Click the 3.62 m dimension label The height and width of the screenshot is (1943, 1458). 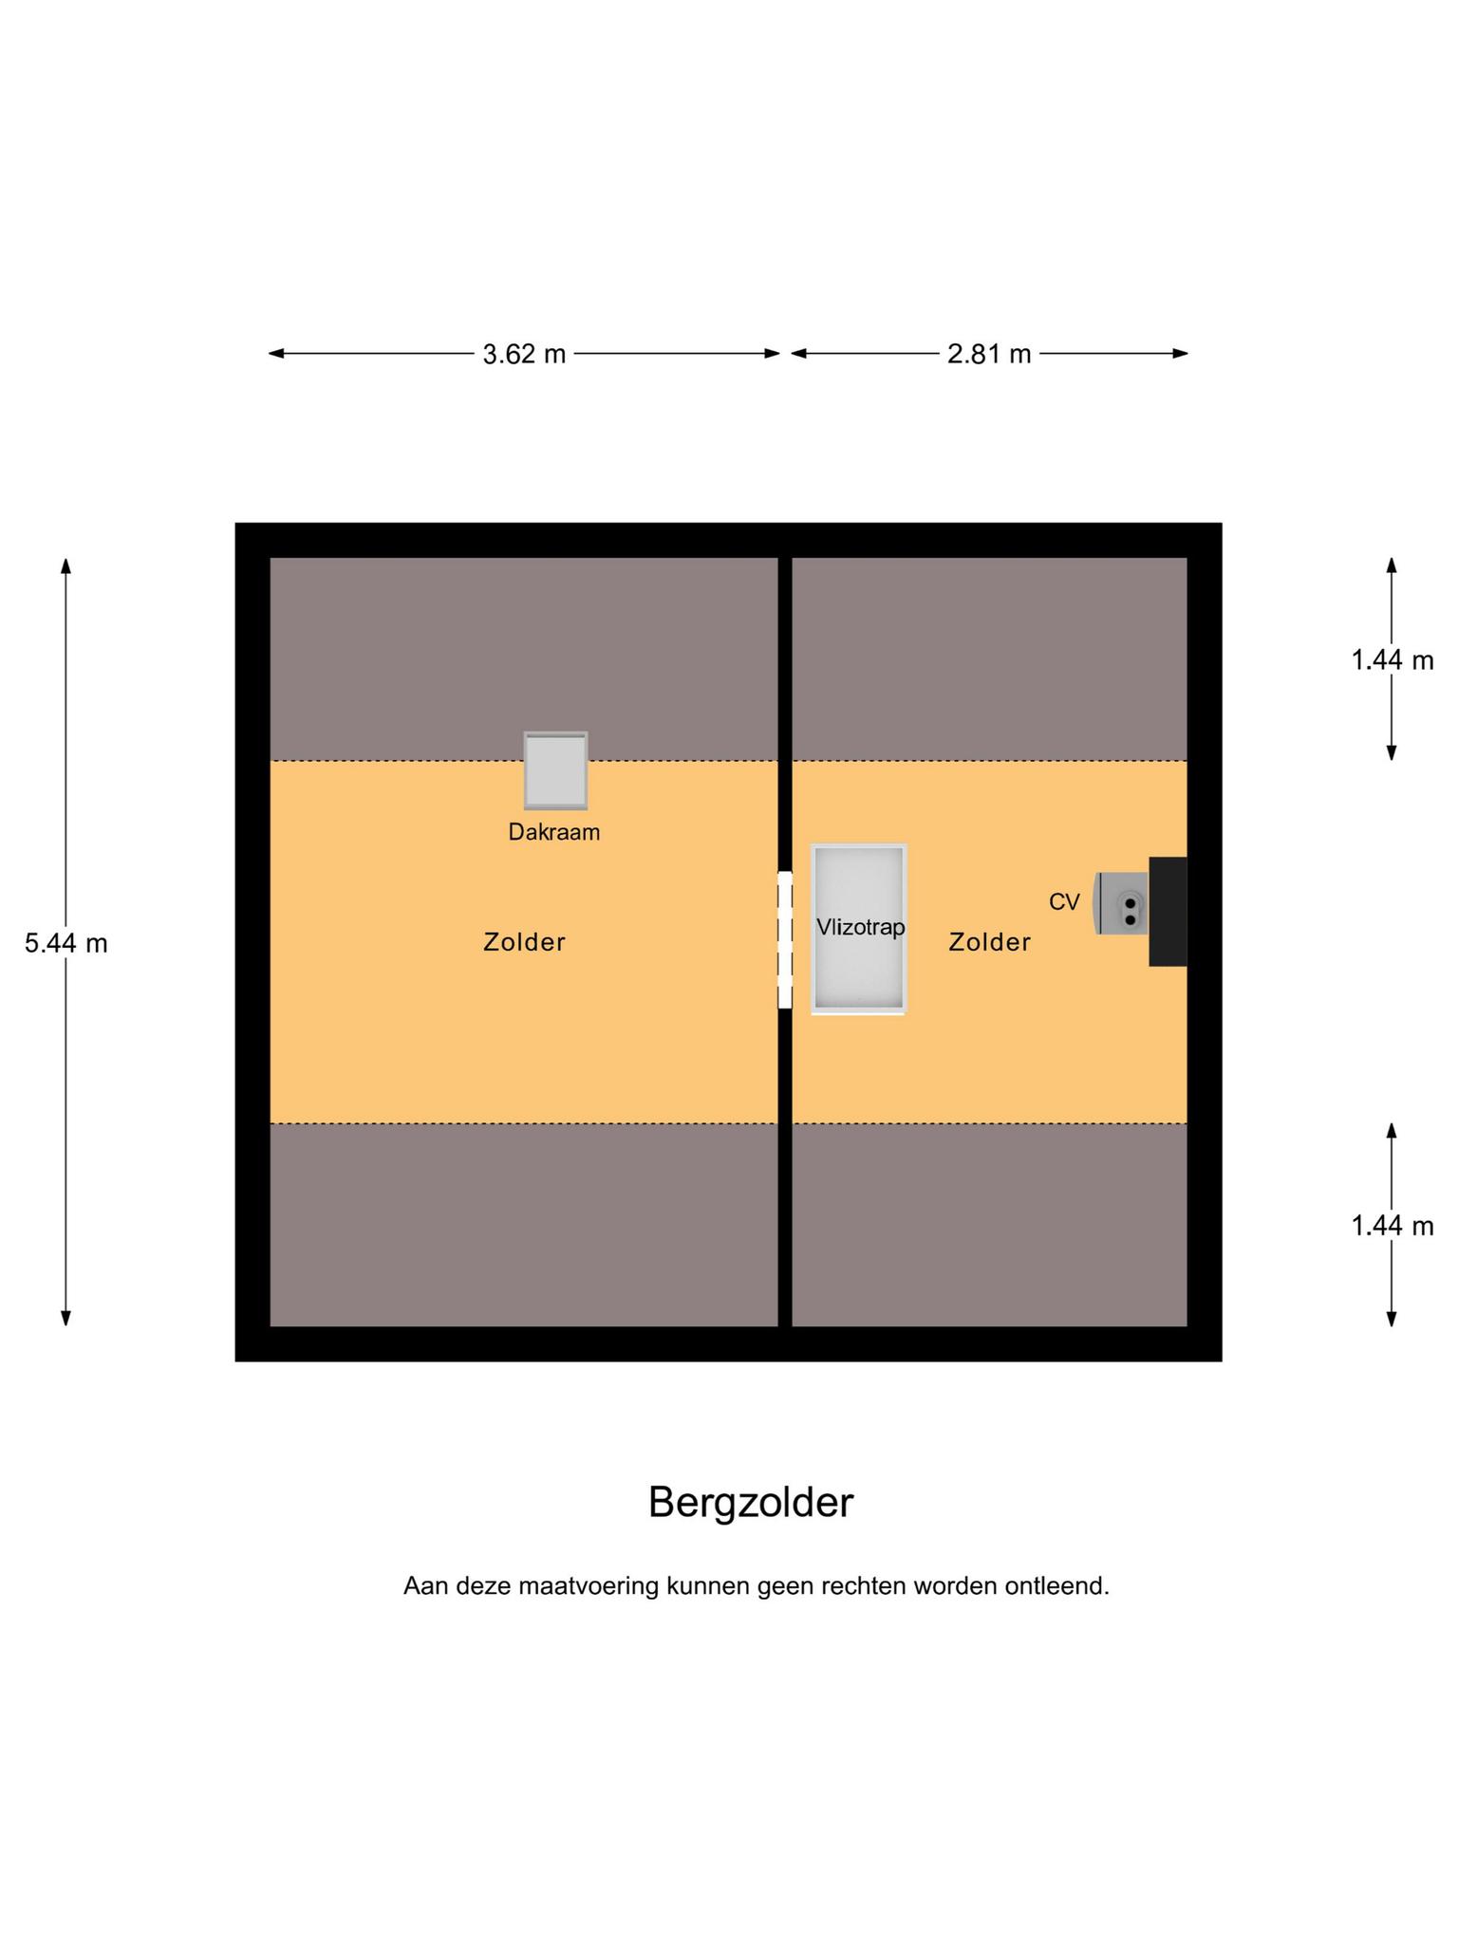click(x=524, y=354)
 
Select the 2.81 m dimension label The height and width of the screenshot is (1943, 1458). click(x=989, y=354)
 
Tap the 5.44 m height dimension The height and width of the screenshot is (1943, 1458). click(x=65, y=943)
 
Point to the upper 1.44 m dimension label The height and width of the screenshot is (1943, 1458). click(x=1392, y=659)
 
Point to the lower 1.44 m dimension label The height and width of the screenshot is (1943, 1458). click(x=1392, y=1226)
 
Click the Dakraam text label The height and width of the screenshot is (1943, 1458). click(x=554, y=832)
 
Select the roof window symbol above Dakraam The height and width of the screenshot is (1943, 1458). click(x=555, y=770)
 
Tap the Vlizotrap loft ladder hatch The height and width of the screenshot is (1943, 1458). click(x=859, y=929)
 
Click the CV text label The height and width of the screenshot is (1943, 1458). click(x=1064, y=902)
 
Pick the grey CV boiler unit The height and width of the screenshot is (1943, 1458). click(x=1121, y=903)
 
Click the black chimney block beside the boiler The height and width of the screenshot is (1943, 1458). click(x=1168, y=912)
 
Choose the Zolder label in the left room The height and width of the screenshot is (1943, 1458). click(x=524, y=942)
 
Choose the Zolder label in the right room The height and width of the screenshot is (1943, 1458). click(x=990, y=942)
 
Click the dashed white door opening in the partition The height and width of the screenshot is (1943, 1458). click(x=785, y=940)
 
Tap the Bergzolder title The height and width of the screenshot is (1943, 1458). click(x=751, y=1503)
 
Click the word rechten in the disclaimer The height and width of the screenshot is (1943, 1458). click(x=861, y=1586)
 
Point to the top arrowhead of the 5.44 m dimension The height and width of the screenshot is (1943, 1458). click(x=65, y=565)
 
